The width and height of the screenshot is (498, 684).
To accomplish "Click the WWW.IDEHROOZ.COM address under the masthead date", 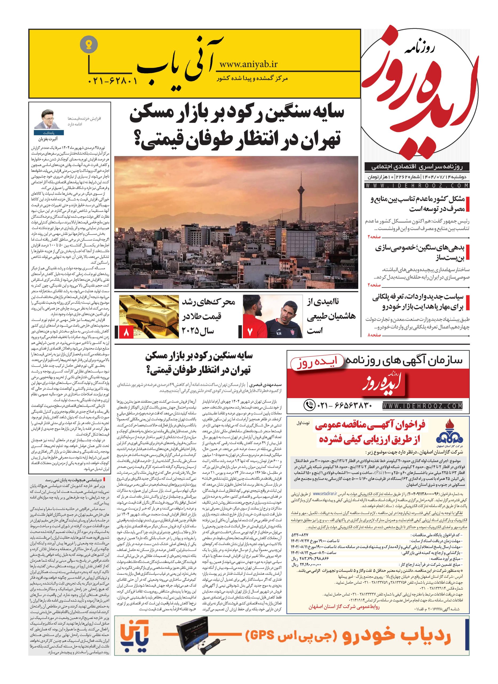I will click(x=417, y=185).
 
